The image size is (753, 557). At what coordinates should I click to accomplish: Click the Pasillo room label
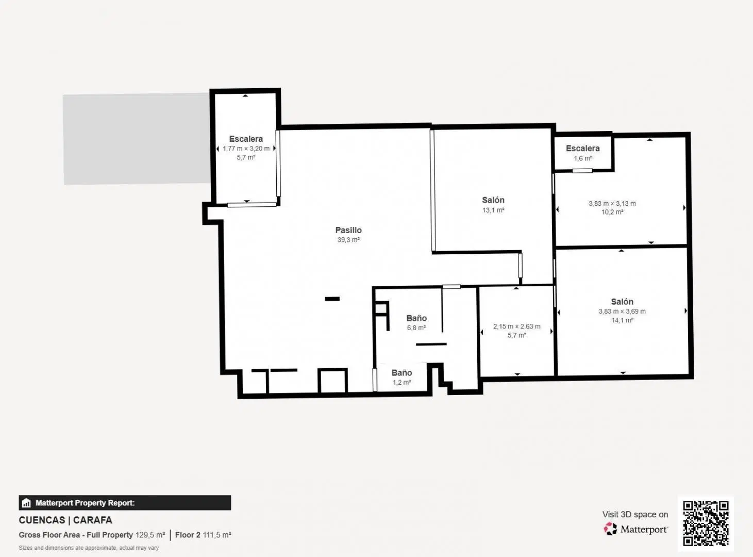348,230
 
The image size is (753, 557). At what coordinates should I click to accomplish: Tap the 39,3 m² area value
348,240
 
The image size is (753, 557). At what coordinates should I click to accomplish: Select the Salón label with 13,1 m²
493,200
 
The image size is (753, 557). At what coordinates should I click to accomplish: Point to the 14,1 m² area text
622,320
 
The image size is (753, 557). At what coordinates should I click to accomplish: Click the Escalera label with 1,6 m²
582,148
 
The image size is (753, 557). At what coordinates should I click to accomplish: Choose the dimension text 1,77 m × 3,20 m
246,149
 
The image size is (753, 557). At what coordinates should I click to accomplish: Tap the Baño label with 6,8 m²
416,318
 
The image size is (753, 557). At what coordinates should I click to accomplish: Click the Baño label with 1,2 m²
401,373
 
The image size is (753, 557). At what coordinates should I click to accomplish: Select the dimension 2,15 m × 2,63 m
517,326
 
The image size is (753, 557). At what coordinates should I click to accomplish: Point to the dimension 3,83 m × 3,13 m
612,203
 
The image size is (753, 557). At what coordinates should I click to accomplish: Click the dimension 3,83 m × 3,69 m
622,311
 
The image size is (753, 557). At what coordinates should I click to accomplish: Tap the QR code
706,523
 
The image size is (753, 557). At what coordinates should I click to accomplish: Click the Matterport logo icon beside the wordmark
610,529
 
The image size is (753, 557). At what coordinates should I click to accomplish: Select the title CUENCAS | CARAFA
65,520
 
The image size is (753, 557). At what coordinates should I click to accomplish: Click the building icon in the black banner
26,503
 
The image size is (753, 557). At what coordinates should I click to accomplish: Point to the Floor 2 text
188,535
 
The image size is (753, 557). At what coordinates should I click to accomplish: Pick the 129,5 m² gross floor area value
150,535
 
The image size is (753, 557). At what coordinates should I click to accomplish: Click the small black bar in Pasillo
332,299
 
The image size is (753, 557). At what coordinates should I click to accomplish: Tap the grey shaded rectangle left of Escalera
137,139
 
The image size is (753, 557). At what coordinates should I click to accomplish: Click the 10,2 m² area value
612,212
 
